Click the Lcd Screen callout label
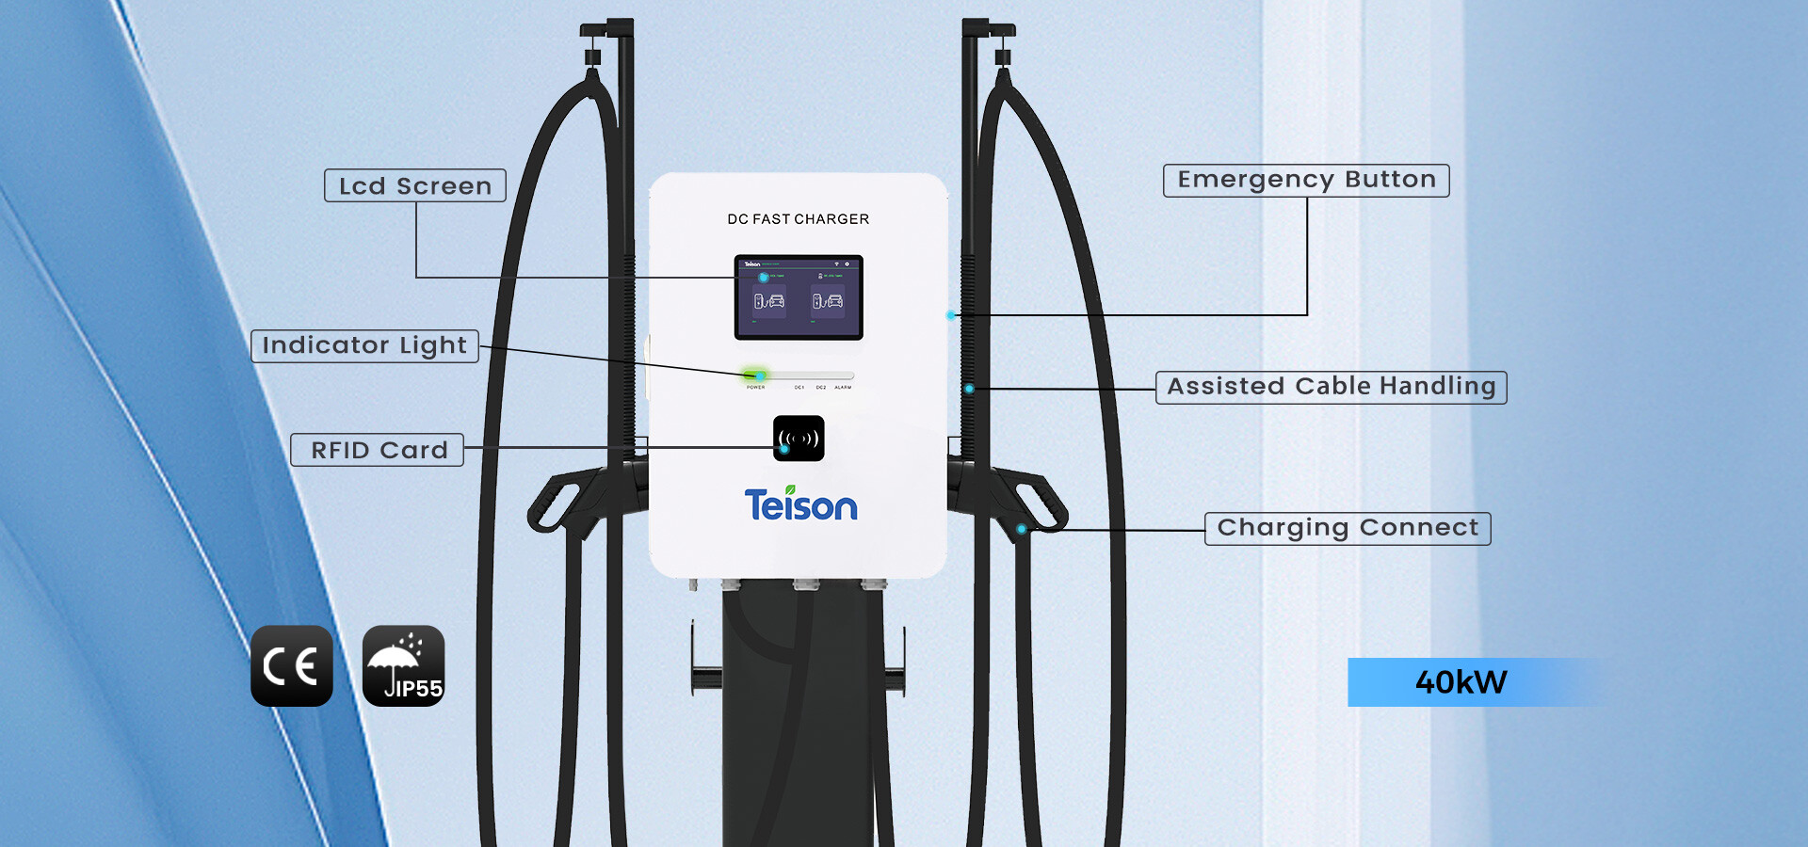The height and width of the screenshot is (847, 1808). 415,185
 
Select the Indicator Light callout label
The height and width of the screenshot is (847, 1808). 364,345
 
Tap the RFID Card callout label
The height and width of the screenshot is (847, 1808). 378,450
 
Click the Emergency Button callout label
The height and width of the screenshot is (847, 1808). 1306,180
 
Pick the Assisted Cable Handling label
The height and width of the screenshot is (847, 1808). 1331,387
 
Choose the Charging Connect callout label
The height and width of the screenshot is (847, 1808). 1348,528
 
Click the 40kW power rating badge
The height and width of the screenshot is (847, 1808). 1461,681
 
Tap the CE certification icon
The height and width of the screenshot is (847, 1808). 292,665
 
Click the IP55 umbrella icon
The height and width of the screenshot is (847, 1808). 403,665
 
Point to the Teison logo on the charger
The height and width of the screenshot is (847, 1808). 800,505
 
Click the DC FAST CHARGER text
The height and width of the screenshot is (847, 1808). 798,219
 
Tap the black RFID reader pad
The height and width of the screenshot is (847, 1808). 799,439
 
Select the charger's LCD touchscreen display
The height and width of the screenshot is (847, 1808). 799,297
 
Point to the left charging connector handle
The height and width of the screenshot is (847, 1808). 565,499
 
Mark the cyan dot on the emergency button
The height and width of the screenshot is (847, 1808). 951,315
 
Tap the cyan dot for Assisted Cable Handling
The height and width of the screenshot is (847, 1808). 969,388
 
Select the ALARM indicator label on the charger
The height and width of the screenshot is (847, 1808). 843,387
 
